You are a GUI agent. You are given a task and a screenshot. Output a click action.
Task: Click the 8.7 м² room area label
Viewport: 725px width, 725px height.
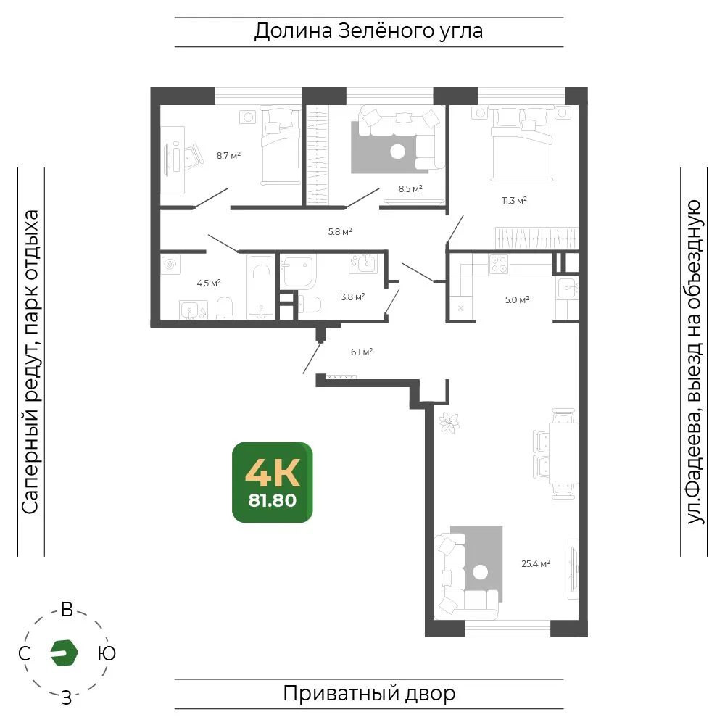coord(228,156)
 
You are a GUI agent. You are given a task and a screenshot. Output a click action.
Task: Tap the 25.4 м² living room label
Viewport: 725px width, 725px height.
coord(536,563)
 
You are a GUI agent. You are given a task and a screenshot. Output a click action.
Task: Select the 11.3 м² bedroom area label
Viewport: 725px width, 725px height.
coord(514,201)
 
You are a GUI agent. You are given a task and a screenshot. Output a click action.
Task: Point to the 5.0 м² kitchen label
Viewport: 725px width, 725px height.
coord(517,299)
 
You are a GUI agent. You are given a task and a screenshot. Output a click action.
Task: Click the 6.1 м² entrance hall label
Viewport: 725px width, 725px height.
coord(362,352)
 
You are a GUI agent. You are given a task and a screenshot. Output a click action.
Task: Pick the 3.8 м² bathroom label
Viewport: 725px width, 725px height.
coord(353,297)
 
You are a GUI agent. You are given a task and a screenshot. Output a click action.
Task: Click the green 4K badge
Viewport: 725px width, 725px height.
coord(273,482)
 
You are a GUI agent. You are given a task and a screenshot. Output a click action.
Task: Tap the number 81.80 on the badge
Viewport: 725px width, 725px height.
coord(273,501)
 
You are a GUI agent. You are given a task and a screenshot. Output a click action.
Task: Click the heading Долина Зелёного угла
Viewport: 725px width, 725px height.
coord(368,31)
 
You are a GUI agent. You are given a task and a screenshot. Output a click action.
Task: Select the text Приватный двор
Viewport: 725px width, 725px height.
coord(369,694)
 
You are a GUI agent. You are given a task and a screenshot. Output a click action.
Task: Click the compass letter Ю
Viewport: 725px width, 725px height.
coord(107,653)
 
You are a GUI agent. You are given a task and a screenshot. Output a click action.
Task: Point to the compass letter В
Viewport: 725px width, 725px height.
coord(67,610)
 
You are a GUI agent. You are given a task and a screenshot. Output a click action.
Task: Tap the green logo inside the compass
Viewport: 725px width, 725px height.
coord(64,653)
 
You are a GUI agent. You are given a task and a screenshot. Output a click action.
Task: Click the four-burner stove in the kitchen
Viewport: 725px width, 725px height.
coord(499,265)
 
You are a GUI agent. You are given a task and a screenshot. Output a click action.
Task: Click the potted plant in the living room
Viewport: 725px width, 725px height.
coord(449,422)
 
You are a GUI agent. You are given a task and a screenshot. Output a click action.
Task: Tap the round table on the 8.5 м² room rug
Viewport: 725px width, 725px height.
coord(397,152)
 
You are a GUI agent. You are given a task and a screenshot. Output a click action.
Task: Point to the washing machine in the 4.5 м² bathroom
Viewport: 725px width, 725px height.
coord(170,265)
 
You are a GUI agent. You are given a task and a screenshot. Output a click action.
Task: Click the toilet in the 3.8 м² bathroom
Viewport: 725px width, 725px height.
coord(310,305)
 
